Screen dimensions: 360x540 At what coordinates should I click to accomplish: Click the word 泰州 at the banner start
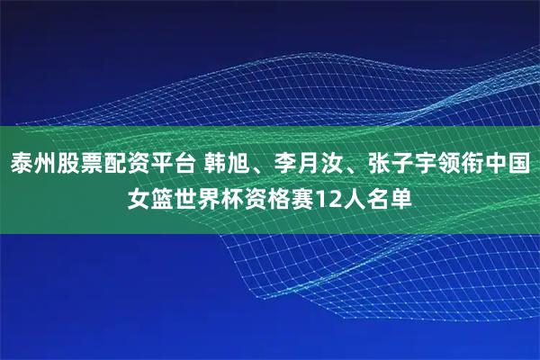click(33, 166)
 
